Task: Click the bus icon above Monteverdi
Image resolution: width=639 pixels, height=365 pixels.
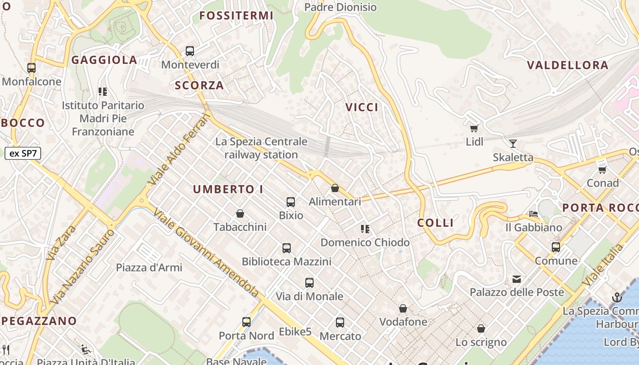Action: coord(190,51)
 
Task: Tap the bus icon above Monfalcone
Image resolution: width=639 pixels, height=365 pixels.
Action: coord(31,68)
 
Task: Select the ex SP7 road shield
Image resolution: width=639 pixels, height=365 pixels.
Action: coord(23,153)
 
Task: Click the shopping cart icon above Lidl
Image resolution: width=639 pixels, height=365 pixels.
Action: coord(474,129)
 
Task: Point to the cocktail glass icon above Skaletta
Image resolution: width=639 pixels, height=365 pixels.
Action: coord(513,144)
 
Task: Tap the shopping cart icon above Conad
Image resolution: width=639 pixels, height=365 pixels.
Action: coord(602,170)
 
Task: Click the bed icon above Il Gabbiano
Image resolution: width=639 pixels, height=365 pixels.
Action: coord(533,214)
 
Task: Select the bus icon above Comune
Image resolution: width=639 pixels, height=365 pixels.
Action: coord(556,247)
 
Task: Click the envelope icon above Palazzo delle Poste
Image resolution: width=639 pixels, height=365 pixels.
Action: coord(517,279)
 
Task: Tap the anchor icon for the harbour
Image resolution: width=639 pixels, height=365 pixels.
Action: coord(617,298)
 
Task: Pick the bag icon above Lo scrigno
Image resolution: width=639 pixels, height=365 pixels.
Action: coord(481,328)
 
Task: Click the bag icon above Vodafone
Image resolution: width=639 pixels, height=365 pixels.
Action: coord(403,309)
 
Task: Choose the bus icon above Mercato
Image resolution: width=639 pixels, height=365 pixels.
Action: coord(340,323)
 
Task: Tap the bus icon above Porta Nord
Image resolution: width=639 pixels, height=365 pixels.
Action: coord(246,322)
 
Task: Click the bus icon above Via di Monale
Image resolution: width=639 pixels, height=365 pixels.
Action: coord(309,283)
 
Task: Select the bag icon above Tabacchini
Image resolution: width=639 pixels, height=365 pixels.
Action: coord(240,214)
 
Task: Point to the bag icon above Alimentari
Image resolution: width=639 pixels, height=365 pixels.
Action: coord(335,188)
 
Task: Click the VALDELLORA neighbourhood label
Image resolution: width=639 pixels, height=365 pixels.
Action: coord(568,65)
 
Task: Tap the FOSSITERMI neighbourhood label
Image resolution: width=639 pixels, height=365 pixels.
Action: coord(236,16)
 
